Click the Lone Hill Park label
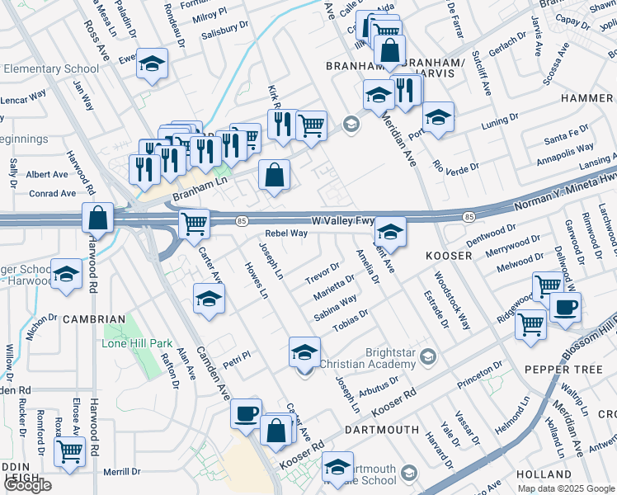click(x=137, y=343)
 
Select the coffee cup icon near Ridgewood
click(x=565, y=309)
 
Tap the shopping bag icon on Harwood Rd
click(x=97, y=219)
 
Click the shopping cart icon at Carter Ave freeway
click(x=194, y=223)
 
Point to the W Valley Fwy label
click(x=344, y=221)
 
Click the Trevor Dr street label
click(x=322, y=272)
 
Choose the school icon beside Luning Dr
click(x=438, y=116)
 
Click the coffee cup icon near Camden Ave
click(x=245, y=414)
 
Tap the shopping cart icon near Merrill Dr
click(x=69, y=451)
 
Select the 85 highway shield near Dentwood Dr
click(x=469, y=217)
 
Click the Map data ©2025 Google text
click(x=566, y=488)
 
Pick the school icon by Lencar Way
click(x=152, y=64)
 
